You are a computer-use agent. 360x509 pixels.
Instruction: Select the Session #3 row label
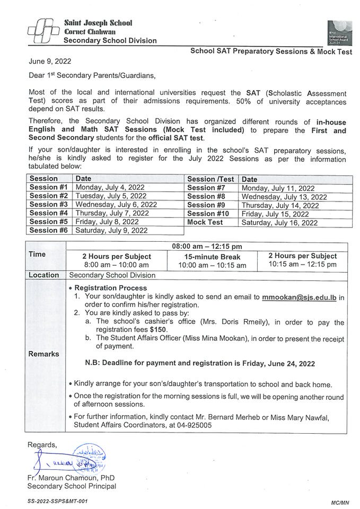click(x=49, y=204)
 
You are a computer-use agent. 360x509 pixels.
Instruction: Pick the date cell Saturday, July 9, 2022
click(x=111, y=231)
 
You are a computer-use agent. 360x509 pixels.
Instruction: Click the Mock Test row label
click(x=205, y=223)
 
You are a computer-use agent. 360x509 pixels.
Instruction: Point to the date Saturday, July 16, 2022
click(x=279, y=223)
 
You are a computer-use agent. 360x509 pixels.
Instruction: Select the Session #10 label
click(x=208, y=214)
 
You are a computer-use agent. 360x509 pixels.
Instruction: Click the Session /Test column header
click(x=210, y=179)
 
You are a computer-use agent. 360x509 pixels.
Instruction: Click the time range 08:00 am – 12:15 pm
click(x=207, y=247)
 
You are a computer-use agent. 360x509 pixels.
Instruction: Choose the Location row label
click(x=44, y=275)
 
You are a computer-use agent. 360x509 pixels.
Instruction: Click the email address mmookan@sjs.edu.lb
click(x=300, y=297)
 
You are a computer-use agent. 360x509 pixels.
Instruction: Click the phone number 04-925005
click(x=195, y=425)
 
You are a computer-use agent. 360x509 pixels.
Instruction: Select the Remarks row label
click(x=45, y=353)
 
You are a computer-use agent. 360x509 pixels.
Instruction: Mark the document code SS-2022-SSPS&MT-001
click(x=58, y=501)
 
